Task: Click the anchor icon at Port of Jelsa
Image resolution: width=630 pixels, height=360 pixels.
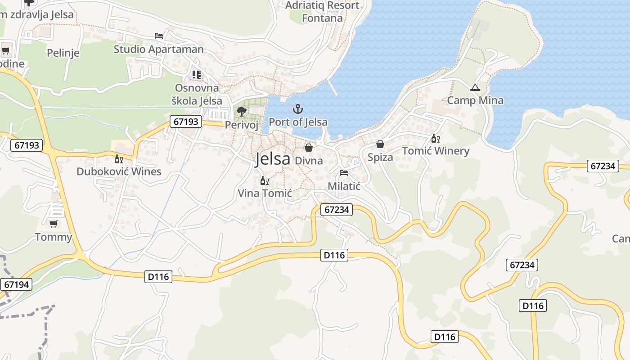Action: point(297,109)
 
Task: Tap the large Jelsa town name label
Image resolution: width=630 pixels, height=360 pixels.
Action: point(273,159)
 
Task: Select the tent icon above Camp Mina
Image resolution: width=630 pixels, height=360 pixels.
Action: point(475,88)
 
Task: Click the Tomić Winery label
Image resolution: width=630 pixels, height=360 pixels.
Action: point(436,151)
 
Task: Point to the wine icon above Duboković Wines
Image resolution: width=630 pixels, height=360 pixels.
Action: point(119,159)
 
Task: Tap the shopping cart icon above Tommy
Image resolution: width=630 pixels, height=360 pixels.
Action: point(54,224)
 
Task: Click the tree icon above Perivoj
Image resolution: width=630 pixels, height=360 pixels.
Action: point(242,112)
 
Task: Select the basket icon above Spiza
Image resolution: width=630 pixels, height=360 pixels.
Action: point(380,144)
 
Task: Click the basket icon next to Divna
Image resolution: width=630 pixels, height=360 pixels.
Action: point(309,147)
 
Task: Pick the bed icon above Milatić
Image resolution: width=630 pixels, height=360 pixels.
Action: point(344,173)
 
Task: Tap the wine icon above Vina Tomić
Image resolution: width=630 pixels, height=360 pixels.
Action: point(265,181)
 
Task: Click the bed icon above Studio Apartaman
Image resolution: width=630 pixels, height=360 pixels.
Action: point(158,36)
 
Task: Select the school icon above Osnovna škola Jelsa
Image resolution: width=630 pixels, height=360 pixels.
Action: point(197,75)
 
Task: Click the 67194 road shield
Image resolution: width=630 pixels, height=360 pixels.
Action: point(16,284)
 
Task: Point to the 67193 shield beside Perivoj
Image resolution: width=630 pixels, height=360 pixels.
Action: point(185,121)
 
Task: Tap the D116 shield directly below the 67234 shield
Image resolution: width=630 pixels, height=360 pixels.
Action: point(334,255)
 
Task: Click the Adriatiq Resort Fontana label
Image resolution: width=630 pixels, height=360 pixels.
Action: point(322,12)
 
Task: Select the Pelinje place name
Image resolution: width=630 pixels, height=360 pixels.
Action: point(63,53)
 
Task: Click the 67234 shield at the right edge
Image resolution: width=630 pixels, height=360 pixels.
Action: point(603,166)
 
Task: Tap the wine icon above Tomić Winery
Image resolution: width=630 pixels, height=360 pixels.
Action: point(435,139)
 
